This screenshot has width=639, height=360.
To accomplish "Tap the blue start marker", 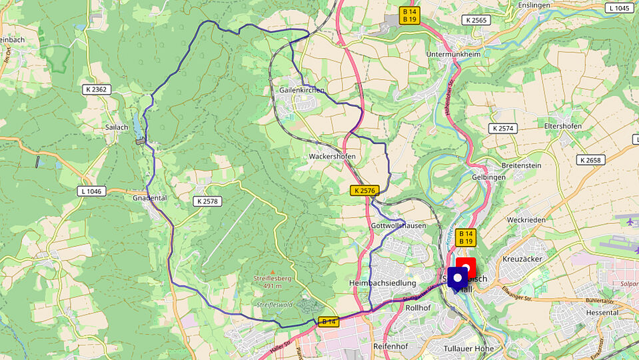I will click(458, 278).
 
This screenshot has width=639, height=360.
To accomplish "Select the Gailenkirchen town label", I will click(302, 89).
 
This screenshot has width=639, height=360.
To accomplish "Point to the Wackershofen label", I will click(332, 156).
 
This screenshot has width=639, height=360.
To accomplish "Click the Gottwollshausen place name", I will click(398, 226).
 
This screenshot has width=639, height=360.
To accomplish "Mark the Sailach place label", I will click(116, 127).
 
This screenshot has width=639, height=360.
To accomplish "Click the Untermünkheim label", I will click(455, 54).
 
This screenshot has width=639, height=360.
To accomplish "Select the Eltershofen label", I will click(563, 126).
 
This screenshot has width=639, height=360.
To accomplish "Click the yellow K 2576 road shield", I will click(364, 191).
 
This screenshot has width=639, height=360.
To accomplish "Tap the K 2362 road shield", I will click(98, 89).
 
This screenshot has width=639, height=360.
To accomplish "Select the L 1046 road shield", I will click(91, 191).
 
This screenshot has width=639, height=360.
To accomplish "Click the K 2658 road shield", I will click(591, 160).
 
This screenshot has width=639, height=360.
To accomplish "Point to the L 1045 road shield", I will click(618, 8).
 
